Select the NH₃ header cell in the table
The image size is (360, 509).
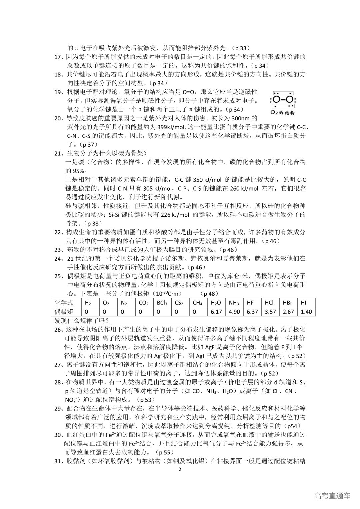pos(234,303)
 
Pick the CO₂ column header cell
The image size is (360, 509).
pos(143,303)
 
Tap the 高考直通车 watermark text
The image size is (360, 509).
pos(332,496)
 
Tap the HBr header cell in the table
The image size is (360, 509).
pos(287,303)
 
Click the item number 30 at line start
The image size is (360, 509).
pos(58,435)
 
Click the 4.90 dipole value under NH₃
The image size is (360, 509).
pos(234,312)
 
